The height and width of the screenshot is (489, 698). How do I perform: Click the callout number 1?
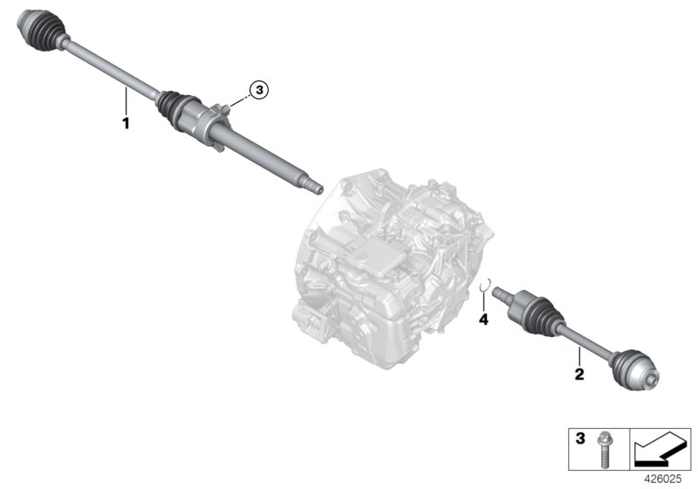[x=126, y=124]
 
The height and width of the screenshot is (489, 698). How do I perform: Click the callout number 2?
[x=578, y=376]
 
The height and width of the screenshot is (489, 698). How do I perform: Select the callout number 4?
[x=483, y=320]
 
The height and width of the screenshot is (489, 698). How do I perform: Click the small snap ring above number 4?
[x=490, y=281]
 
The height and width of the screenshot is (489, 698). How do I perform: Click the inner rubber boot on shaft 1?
[x=174, y=106]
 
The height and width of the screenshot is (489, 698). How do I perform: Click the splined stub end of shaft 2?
[x=501, y=294]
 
